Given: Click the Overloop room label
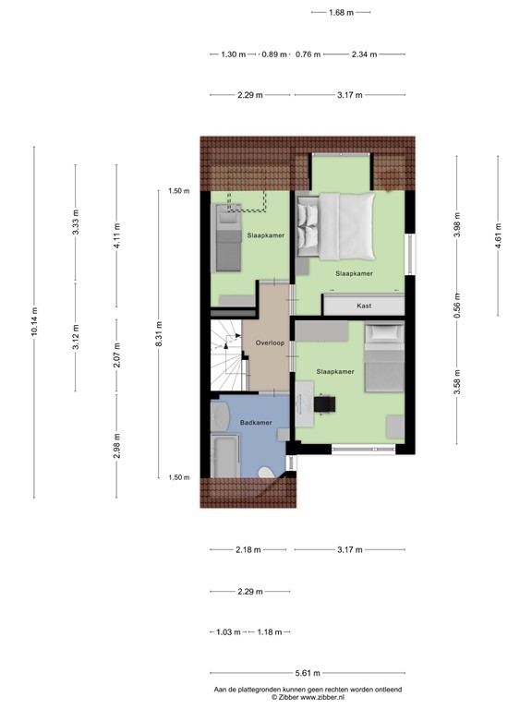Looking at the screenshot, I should pyautogui.click(x=269, y=342).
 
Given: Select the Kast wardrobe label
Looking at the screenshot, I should pyautogui.click(x=363, y=305).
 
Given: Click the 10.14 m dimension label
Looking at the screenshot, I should pyautogui.click(x=34, y=323).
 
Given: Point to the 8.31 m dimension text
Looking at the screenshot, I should pyautogui.click(x=158, y=333).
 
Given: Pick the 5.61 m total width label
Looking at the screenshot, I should pyautogui.click(x=308, y=673).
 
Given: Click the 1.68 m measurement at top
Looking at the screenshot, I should pyautogui.click(x=342, y=12).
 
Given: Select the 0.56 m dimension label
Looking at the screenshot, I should pyautogui.click(x=457, y=305).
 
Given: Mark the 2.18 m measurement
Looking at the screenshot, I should pyautogui.click(x=247, y=550).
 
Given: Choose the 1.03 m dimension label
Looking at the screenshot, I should pyautogui.click(x=227, y=632).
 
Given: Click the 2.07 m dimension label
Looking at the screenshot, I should pyautogui.click(x=115, y=358).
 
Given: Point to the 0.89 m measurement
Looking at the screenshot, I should pyautogui.click(x=274, y=54).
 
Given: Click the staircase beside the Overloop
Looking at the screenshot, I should pyautogui.click(x=226, y=360).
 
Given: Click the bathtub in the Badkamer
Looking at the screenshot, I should pyautogui.click(x=224, y=457).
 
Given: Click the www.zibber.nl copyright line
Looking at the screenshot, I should pyautogui.click(x=308, y=698).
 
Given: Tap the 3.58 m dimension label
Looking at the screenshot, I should pyautogui.click(x=457, y=380).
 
